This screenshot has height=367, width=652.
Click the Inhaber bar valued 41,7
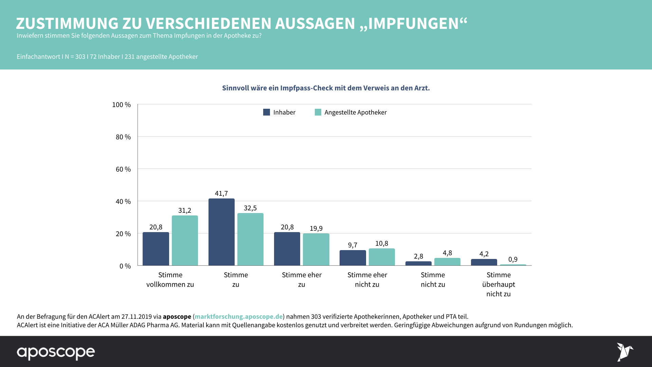tap(221, 232)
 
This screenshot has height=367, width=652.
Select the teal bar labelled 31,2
tap(185, 241)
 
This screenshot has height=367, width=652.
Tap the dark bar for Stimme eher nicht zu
tap(352, 258)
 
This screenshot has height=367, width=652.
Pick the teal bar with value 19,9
tap(316, 249)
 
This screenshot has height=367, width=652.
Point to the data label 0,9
tap(513, 259)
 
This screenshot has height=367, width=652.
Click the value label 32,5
tap(250, 208)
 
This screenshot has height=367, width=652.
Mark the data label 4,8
tap(447, 253)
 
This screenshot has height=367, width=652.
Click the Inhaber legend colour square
tap(267, 112)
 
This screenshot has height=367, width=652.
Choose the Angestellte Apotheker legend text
tap(355, 112)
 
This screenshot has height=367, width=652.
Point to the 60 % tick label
tap(123, 169)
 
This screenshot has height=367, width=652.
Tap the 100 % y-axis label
tap(122, 105)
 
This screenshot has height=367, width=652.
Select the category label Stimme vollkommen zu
tap(170, 280)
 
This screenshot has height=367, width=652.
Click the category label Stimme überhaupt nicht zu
tap(499, 284)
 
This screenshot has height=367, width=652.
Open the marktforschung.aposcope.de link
tap(238, 316)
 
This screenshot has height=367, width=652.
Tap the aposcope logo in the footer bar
tap(56, 352)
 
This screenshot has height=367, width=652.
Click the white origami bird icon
tap(624, 352)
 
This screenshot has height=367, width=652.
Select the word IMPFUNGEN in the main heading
tap(413, 24)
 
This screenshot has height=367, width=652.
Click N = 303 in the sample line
tap(75, 57)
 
